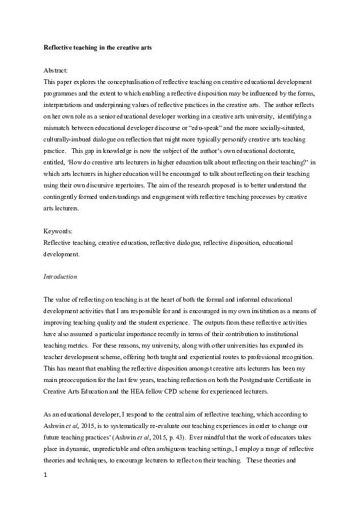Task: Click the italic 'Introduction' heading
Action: pyautogui.click(x=60, y=276)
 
